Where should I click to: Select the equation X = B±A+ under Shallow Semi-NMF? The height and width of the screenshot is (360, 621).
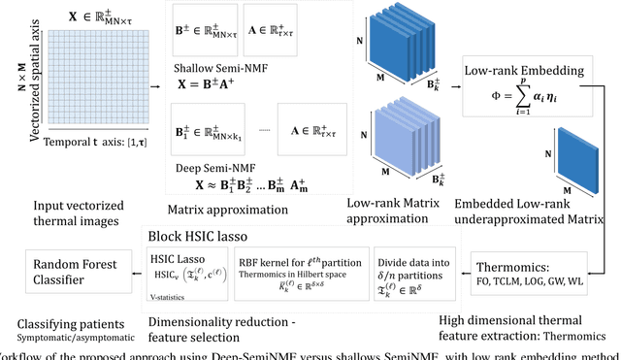(204, 84)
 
